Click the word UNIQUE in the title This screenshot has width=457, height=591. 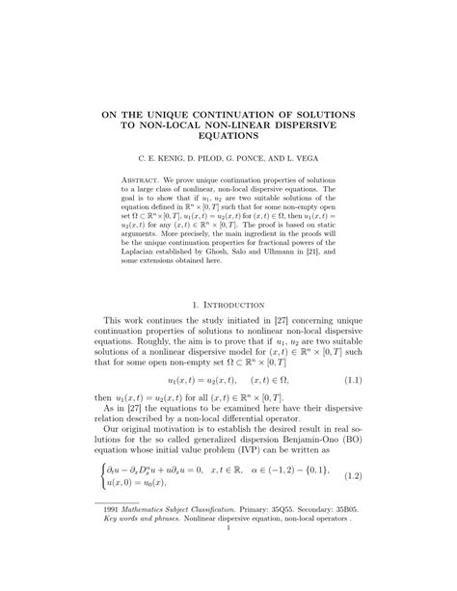click(181, 114)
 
